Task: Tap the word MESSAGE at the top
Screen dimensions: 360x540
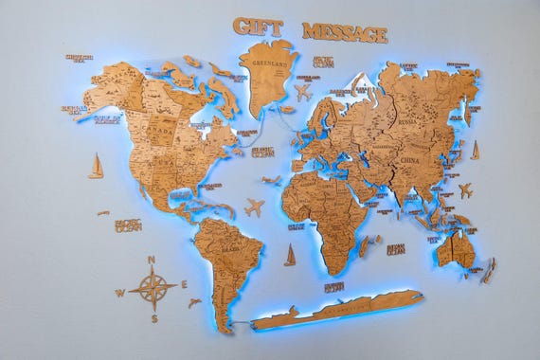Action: [345, 33]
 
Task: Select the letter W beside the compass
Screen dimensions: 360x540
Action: [120, 293]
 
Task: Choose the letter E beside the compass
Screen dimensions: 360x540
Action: [184, 283]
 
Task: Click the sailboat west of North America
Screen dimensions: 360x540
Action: [96, 167]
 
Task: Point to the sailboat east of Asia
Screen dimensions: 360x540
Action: [475, 150]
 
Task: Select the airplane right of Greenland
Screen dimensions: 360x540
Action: [303, 93]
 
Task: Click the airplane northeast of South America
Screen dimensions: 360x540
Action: [254, 207]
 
